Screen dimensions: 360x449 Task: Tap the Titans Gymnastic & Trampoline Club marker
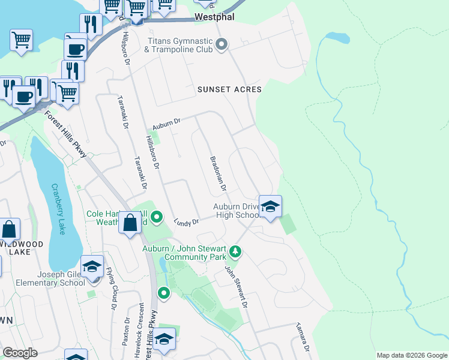[x=221, y=44]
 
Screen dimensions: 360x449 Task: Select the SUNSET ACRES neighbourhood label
[x=229, y=89]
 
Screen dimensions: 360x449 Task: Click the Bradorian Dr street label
[x=217, y=173]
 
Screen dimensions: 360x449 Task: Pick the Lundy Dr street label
[x=186, y=223]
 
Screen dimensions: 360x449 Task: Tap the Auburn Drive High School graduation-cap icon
[x=270, y=207]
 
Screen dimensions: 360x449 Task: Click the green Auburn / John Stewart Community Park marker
[x=236, y=251]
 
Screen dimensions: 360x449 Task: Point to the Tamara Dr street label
[x=301, y=339]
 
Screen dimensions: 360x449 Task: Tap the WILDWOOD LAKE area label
[x=22, y=248]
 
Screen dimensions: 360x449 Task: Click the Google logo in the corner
[x=20, y=353]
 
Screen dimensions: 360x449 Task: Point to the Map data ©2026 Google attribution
[x=411, y=355]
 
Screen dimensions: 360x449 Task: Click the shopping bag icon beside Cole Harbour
[x=130, y=223]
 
